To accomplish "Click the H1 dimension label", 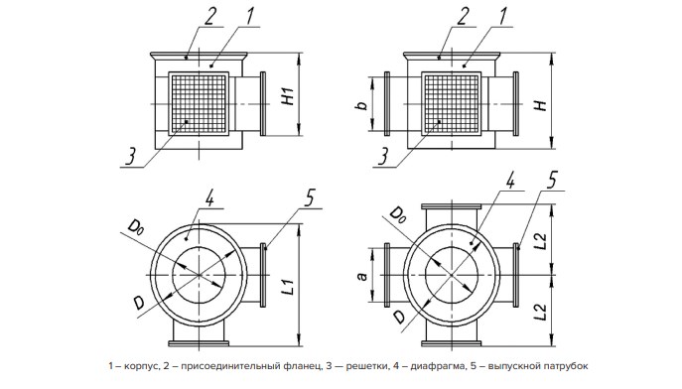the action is [288, 96].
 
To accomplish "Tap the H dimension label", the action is [541, 105].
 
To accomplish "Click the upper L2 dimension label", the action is [540, 242].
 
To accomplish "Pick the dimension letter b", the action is [362, 104].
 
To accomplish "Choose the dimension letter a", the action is [362, 276].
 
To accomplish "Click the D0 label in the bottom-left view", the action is [135, 228].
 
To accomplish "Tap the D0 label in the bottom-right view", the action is [397, 214].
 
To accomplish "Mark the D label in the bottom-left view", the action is [138, 302].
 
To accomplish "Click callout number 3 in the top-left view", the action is [131, 157].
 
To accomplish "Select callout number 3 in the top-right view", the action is [383, 157].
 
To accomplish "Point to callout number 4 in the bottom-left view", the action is [210, 198].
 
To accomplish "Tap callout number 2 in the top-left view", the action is [210, 17].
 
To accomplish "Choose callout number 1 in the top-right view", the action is [502, 17].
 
